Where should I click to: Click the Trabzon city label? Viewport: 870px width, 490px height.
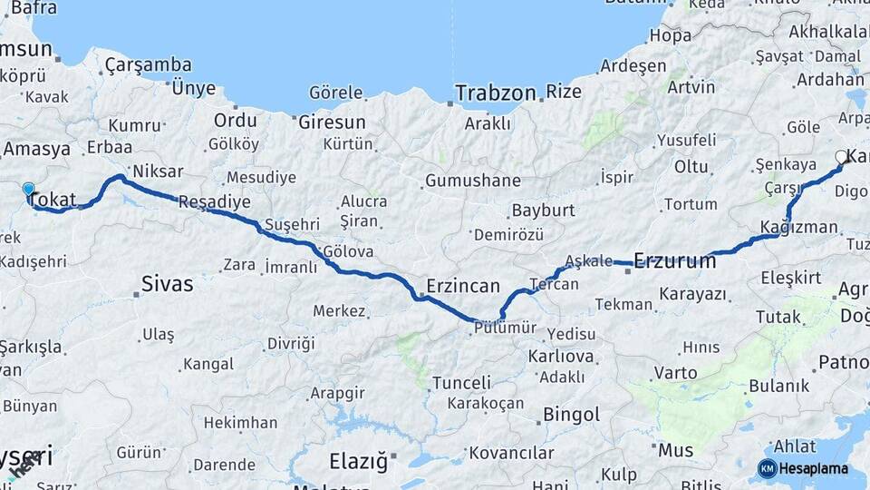point(496,93)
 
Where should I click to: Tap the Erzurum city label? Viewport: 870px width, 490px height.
point(675,261)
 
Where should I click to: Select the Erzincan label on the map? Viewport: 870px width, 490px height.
point(462,287)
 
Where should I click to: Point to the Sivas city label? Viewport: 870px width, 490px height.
point(167,284)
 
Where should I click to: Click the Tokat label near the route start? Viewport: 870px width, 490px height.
point(53,200)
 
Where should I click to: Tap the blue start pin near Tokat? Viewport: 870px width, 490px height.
point(28,190)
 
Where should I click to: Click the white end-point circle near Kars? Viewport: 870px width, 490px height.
point(841,156)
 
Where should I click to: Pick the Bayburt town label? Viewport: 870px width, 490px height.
point(544,211)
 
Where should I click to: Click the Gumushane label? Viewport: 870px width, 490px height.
point(473,181)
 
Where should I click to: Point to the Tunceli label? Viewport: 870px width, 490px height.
point(461,383)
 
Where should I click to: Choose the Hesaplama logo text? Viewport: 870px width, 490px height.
point(813,469)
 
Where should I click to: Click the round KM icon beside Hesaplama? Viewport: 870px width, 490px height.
point(767,469)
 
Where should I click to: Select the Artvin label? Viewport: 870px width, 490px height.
point(691,87)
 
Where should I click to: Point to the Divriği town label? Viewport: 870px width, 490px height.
point(291,344)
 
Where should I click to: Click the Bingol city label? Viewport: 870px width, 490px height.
point(571,416)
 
